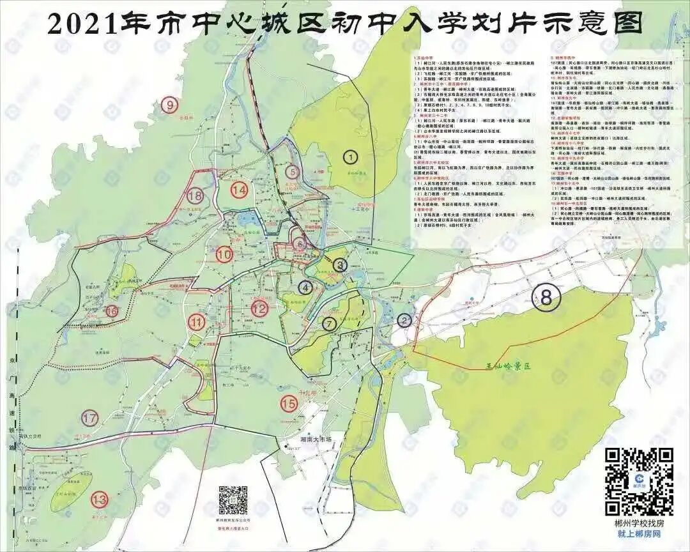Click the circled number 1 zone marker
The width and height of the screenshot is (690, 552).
[350, 155]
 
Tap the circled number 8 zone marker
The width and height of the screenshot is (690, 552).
[546, 297]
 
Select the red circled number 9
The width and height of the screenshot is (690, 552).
[169, 106]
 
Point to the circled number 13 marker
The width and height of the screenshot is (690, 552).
[99, 499]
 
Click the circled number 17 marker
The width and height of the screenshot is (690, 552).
[90, 419]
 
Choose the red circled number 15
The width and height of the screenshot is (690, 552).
[289, 403]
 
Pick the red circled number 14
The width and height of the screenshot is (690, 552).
[240, 190]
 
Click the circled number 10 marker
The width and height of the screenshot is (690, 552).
[224, 254]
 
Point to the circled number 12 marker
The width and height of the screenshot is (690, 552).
[259, 309]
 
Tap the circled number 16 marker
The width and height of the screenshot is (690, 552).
[112, 312]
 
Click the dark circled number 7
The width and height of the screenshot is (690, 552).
[329, 324]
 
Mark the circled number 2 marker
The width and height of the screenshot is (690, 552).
[404, 320]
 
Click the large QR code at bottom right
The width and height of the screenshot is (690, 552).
[638, 481]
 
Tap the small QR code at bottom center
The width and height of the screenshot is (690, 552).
[233, 500]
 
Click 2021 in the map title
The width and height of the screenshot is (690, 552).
[79, 24]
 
